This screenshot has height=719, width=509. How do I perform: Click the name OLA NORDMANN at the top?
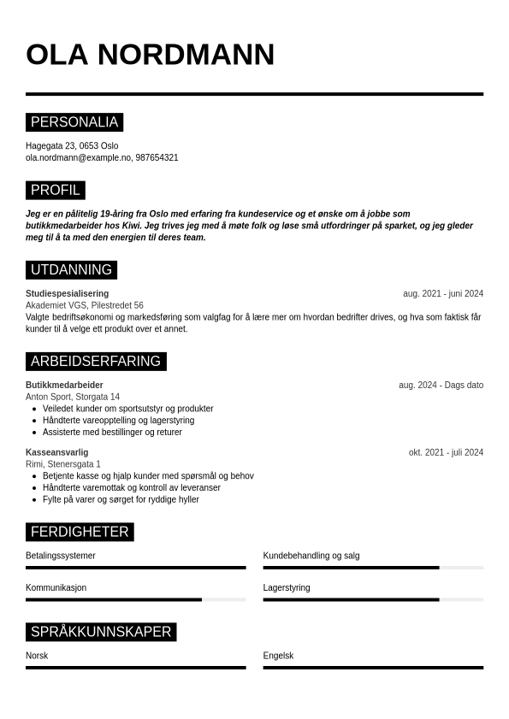[150, 55]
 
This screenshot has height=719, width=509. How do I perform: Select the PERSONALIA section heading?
[74, 122]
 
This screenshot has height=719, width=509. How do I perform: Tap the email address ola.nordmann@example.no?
[79, 158]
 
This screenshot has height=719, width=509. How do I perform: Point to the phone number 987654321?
[157, 158]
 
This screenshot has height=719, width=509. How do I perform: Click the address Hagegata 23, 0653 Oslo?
[72, 146]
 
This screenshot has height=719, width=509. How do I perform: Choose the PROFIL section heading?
[56, 190]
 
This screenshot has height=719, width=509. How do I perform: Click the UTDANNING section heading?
[71, 270]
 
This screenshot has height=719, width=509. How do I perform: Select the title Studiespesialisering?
[67, 294]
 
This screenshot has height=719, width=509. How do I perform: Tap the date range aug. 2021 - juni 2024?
[442, 294]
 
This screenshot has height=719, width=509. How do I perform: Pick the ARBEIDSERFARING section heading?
[96, 361]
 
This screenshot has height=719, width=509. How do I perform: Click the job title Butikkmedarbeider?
[64, 386]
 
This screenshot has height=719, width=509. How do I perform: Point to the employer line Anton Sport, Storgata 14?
[73, 397]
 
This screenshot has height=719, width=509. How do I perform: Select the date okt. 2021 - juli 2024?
[445, 452]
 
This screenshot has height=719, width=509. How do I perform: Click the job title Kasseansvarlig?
[56, 452]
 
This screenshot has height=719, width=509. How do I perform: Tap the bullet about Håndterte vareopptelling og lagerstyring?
[118, 421]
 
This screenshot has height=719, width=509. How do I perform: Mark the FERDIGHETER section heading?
[80, 532]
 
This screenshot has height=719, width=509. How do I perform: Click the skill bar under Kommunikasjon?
[135, 599]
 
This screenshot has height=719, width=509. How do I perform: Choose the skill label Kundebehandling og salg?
[311, 556]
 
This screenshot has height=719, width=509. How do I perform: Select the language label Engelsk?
[278, 656]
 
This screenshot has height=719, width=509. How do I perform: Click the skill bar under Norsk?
[135, 668]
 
